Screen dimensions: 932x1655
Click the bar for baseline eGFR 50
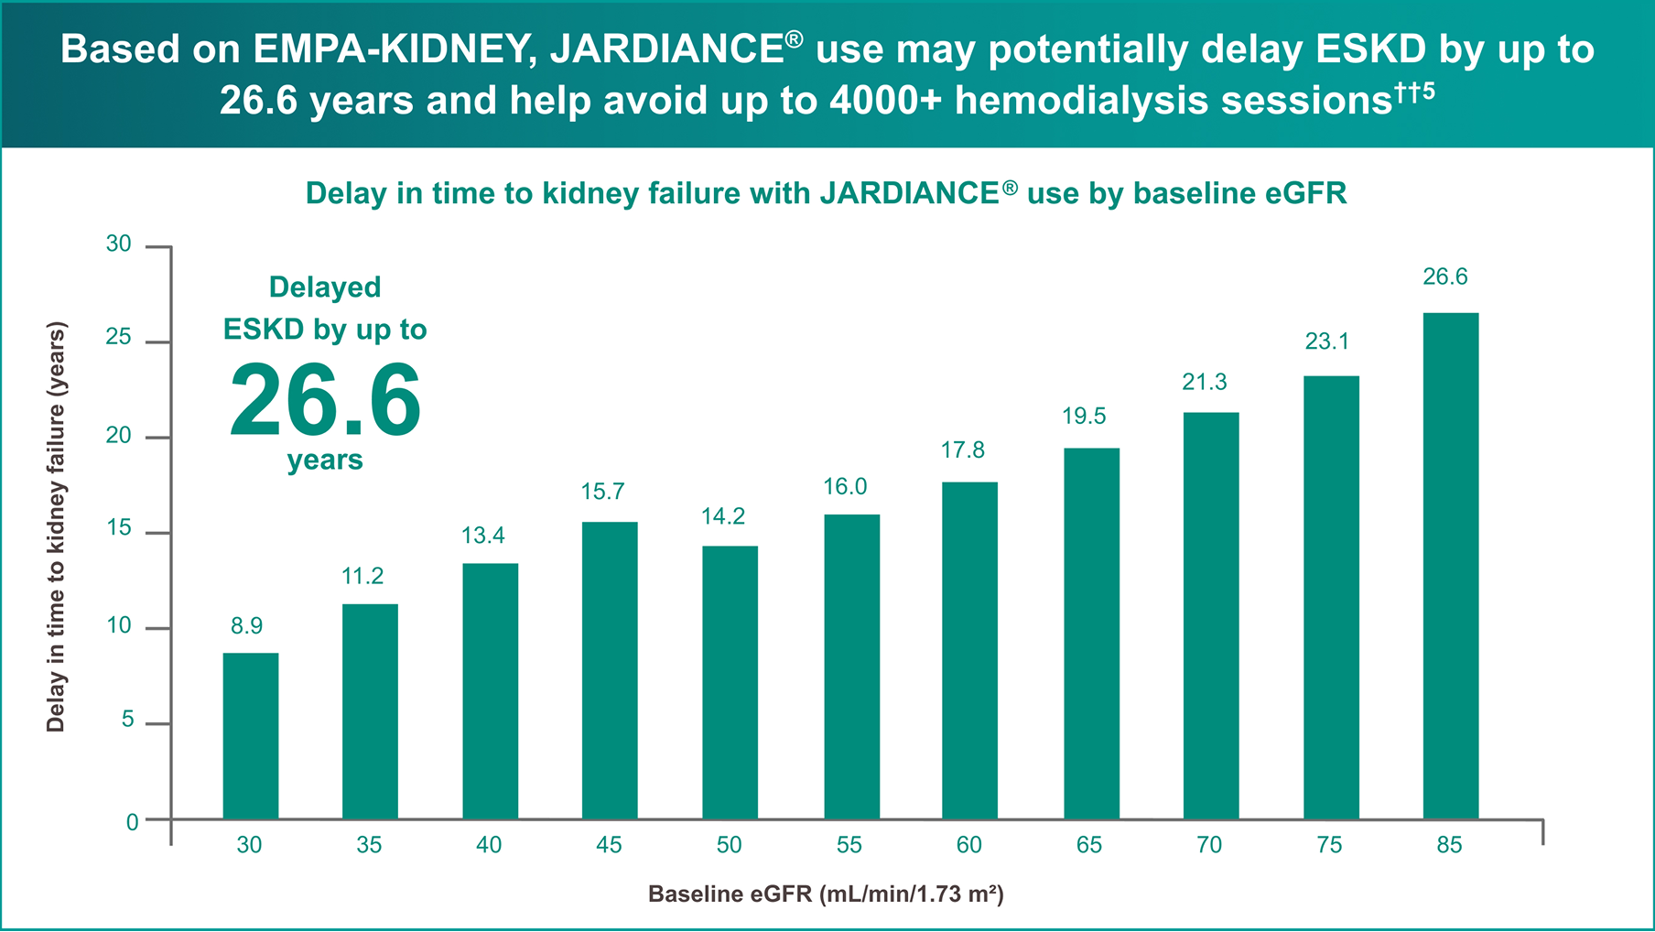tap(730, 682)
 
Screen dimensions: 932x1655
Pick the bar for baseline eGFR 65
tap(1091, 633)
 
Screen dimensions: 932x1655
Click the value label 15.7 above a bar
tap(602, 492)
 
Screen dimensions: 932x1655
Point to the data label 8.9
tap(246, 625)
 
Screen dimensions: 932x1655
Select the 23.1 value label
tap(1326, 341)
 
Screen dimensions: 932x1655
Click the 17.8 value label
tap(963, 450)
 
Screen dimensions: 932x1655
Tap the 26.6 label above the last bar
tap(1444, 276)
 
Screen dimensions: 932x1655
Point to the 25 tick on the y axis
tap(119, 338)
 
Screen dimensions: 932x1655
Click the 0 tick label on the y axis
tap(133, 822)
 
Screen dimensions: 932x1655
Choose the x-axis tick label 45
tap(609, 845)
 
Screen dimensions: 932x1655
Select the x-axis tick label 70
tap(1209, 845)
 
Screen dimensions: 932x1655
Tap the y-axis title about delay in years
tap(56, 526)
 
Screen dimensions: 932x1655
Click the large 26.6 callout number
tap(325, 401)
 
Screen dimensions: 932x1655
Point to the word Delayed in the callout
tap(325, 287)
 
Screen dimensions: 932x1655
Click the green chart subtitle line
tap(826, 193)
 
